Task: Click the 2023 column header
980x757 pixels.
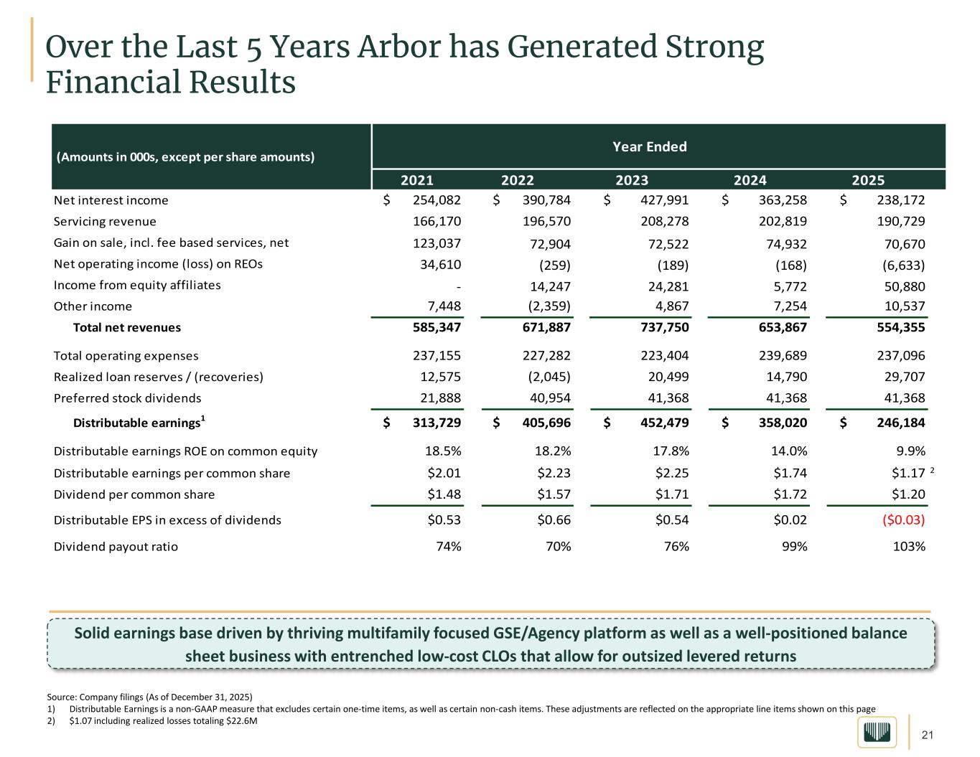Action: [632, 180]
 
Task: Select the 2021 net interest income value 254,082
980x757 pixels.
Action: [433, 200]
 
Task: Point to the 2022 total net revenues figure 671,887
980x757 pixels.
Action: [543, 328]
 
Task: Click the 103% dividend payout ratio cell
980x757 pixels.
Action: [908, 547]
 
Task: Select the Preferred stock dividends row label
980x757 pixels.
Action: [127, 398]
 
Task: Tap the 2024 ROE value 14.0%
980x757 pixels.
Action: [788, 451]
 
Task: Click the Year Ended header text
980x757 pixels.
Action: [649, 147]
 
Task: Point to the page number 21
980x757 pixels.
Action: [927, 735]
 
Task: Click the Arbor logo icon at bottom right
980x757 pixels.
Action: [877, 733]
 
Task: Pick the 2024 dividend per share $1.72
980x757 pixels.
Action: [788, 494]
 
